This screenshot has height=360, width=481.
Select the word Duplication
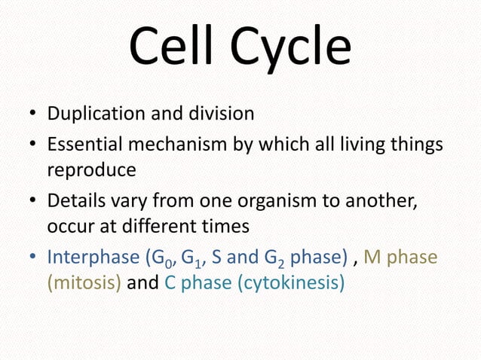(93, 115)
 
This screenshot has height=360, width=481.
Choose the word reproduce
(91, 171)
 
